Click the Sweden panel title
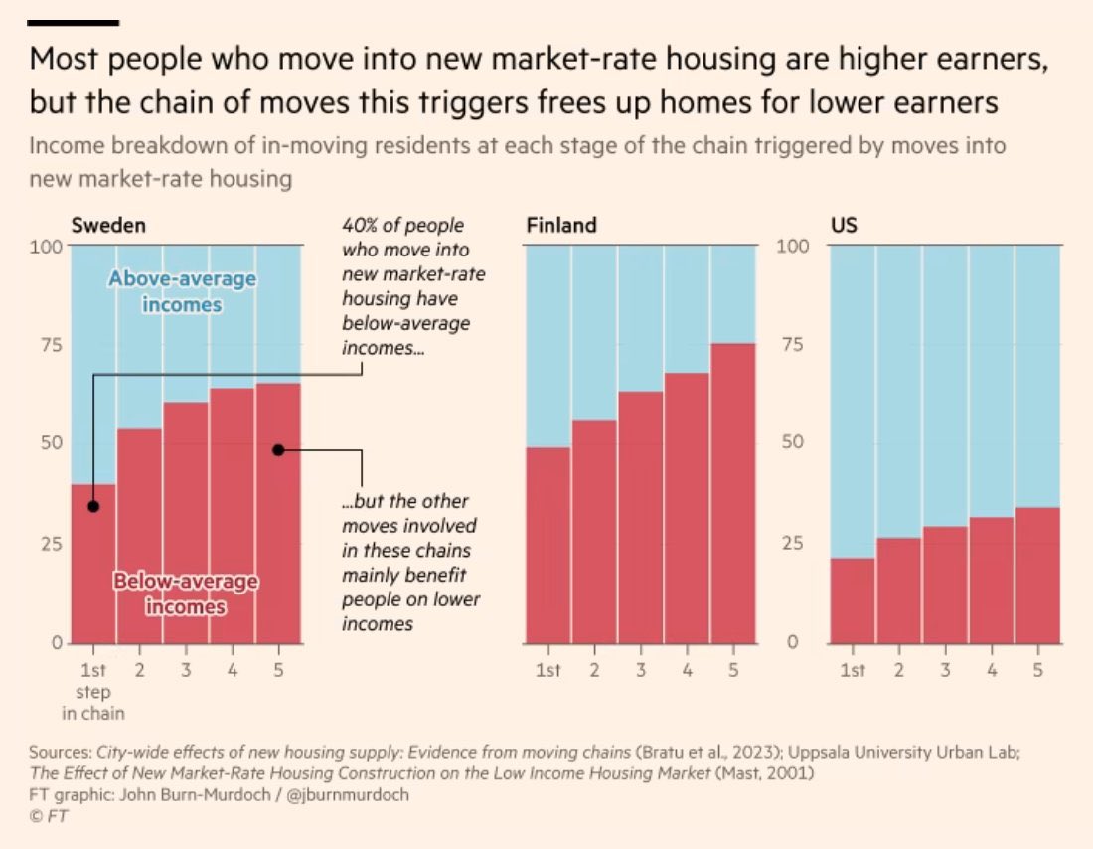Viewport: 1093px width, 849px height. pos(108,225)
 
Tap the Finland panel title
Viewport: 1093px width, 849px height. pos(561,225)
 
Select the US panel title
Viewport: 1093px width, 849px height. pos(843,225)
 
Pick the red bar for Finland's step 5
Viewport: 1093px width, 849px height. pos(732,497)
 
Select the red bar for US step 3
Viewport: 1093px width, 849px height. pos(945,587)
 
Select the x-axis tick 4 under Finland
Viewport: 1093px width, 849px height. pos(687,671)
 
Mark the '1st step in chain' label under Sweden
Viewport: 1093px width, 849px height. pos(93,691)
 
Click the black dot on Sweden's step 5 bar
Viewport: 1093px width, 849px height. pos(278,449)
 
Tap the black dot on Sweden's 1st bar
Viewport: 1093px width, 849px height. pos(93,506)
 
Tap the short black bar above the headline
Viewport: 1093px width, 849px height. pos(74,22)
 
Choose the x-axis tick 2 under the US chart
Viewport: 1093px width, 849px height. pos(899,671)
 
